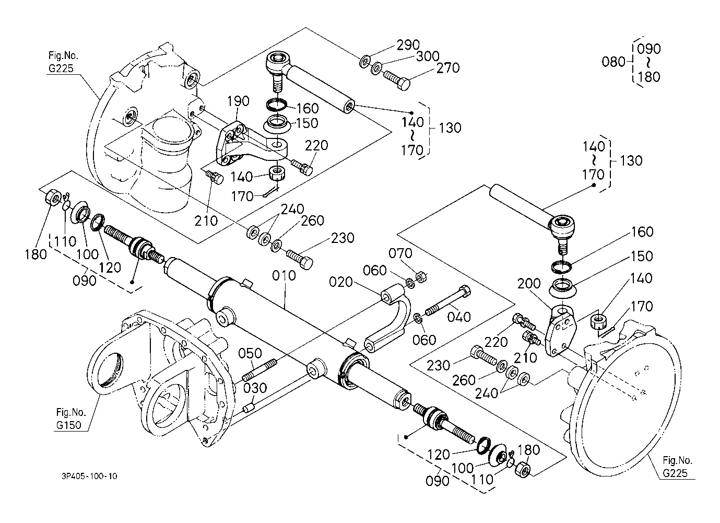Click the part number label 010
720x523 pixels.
pos(284,275)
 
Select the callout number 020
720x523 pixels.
pos(343,282)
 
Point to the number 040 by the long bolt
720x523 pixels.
pos(459,317)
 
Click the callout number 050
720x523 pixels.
pos(250,353)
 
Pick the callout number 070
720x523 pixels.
pos(400,253)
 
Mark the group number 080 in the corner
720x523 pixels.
pos(613,62)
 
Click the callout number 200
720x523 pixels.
pos(529,284)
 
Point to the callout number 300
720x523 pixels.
pos(428,56)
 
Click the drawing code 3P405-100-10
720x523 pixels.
pos(88,476)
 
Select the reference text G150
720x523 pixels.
pos(68,425)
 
